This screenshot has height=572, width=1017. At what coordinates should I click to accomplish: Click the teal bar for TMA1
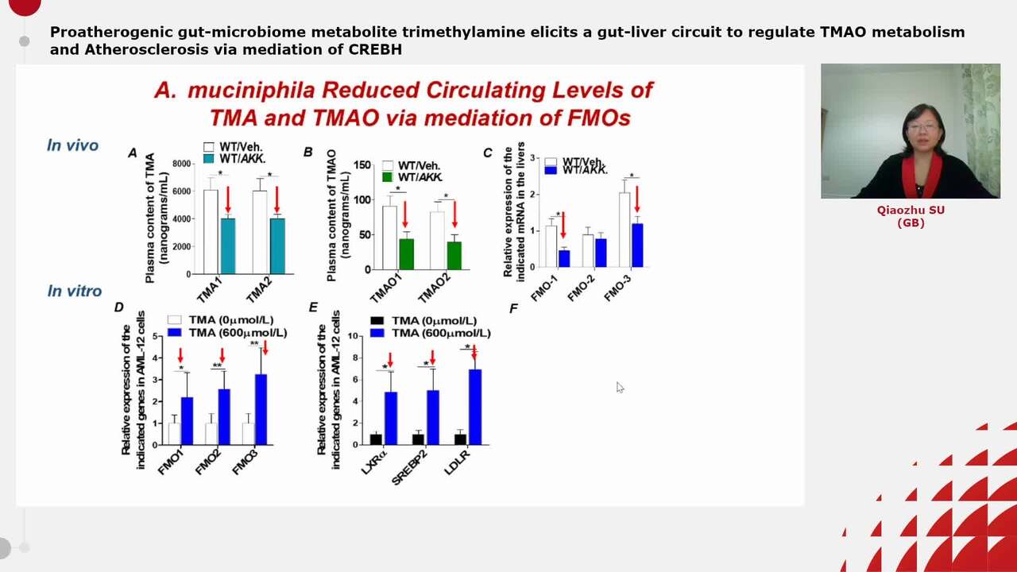click(x=228, y=245)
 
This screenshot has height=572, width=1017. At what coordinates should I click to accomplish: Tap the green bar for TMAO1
click(x=406, y=254)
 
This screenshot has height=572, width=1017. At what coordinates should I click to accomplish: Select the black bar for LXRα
click(x=376, y=439)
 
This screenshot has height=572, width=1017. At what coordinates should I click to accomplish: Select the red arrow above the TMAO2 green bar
click(x=454, y=214)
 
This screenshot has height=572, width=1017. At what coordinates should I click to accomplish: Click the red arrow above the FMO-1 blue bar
click(x=563, y=225)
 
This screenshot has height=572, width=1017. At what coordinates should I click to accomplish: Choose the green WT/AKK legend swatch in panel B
click(x=388, y=176)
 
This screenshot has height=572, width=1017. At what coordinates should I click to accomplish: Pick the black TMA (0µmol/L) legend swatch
click(x=377, y=321)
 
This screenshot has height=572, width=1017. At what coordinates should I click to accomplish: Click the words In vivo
click(x=72, y=145)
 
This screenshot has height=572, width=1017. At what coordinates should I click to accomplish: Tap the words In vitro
click(x=74, y=292)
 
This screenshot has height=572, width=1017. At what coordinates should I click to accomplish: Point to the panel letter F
click(x=513, y=308)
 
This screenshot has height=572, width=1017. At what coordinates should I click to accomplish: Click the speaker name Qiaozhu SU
click(x=911, y=211)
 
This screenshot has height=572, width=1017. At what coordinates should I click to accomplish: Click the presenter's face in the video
click(x=922, y=131)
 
